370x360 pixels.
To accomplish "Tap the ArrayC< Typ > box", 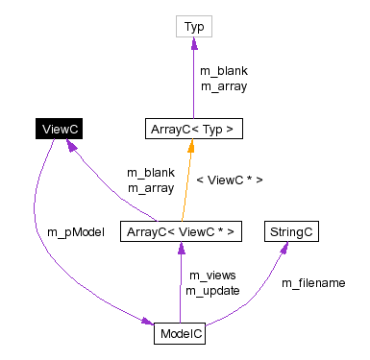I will (x=193, y=129).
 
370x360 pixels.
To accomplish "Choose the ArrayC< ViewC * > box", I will (x=179, y=231).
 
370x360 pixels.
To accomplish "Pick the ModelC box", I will (x=179, y=333).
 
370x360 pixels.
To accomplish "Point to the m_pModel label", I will (x=75, y=231).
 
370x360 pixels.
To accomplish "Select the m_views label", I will (x=211, y=276).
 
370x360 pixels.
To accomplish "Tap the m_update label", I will (x=212, y=290).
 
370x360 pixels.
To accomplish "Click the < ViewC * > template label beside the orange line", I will (x=229, y=180).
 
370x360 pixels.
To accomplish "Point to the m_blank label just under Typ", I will (x=223, y=71).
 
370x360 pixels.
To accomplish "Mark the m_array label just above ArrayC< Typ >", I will (x=223, y=85).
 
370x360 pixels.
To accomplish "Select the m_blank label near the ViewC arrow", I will (x=151, y=173).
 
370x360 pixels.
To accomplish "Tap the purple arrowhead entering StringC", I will (x=285, y=249).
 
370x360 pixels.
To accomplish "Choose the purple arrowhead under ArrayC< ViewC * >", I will (x=179, y=249).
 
